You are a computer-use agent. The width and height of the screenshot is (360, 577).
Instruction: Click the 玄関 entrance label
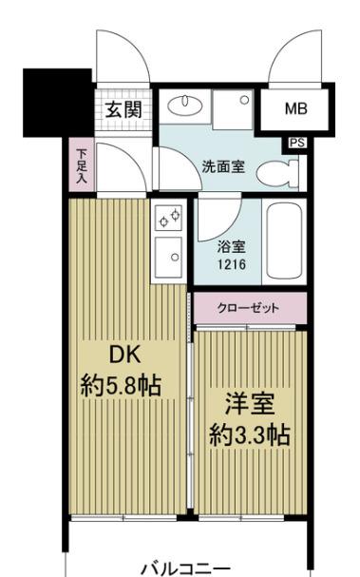click(123, 108)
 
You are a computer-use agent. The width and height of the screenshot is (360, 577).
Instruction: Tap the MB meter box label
click(295, 108)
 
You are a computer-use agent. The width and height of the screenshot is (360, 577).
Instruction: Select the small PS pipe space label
click(298, 144)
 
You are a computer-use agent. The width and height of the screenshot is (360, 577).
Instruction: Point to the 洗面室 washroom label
click(224, 166)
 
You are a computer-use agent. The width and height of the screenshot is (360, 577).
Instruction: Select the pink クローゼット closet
click(249, 308)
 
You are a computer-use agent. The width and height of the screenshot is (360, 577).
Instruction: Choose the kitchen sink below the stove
click(170, 254)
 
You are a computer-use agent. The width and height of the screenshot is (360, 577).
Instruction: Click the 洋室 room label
click(249, 402)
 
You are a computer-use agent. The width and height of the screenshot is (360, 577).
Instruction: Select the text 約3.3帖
click(249, 434)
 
